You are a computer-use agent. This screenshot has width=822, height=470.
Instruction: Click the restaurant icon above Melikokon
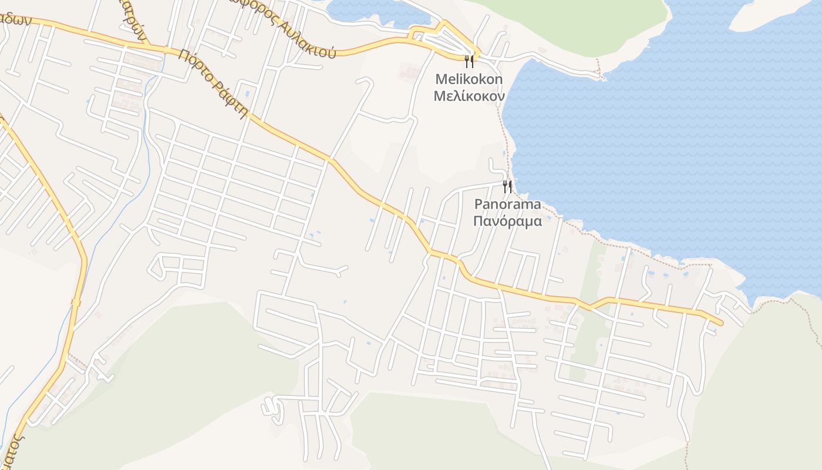click(x=469, y=61)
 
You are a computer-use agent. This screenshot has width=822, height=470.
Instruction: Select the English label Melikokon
click(x=469, y=79)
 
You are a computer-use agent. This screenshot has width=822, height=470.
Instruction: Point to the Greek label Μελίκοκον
click(x=469, y=95)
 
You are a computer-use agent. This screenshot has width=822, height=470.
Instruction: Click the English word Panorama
click(x=507, y=204)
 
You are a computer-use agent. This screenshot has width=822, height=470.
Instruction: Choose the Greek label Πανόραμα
click(x=507, y=221)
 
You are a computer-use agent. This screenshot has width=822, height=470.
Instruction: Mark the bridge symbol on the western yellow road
click(x=76, y=303)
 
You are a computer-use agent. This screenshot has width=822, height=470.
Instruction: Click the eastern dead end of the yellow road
click(x=720, y=323)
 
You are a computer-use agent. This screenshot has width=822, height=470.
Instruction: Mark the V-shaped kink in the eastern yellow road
click(x=591, y=306)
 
